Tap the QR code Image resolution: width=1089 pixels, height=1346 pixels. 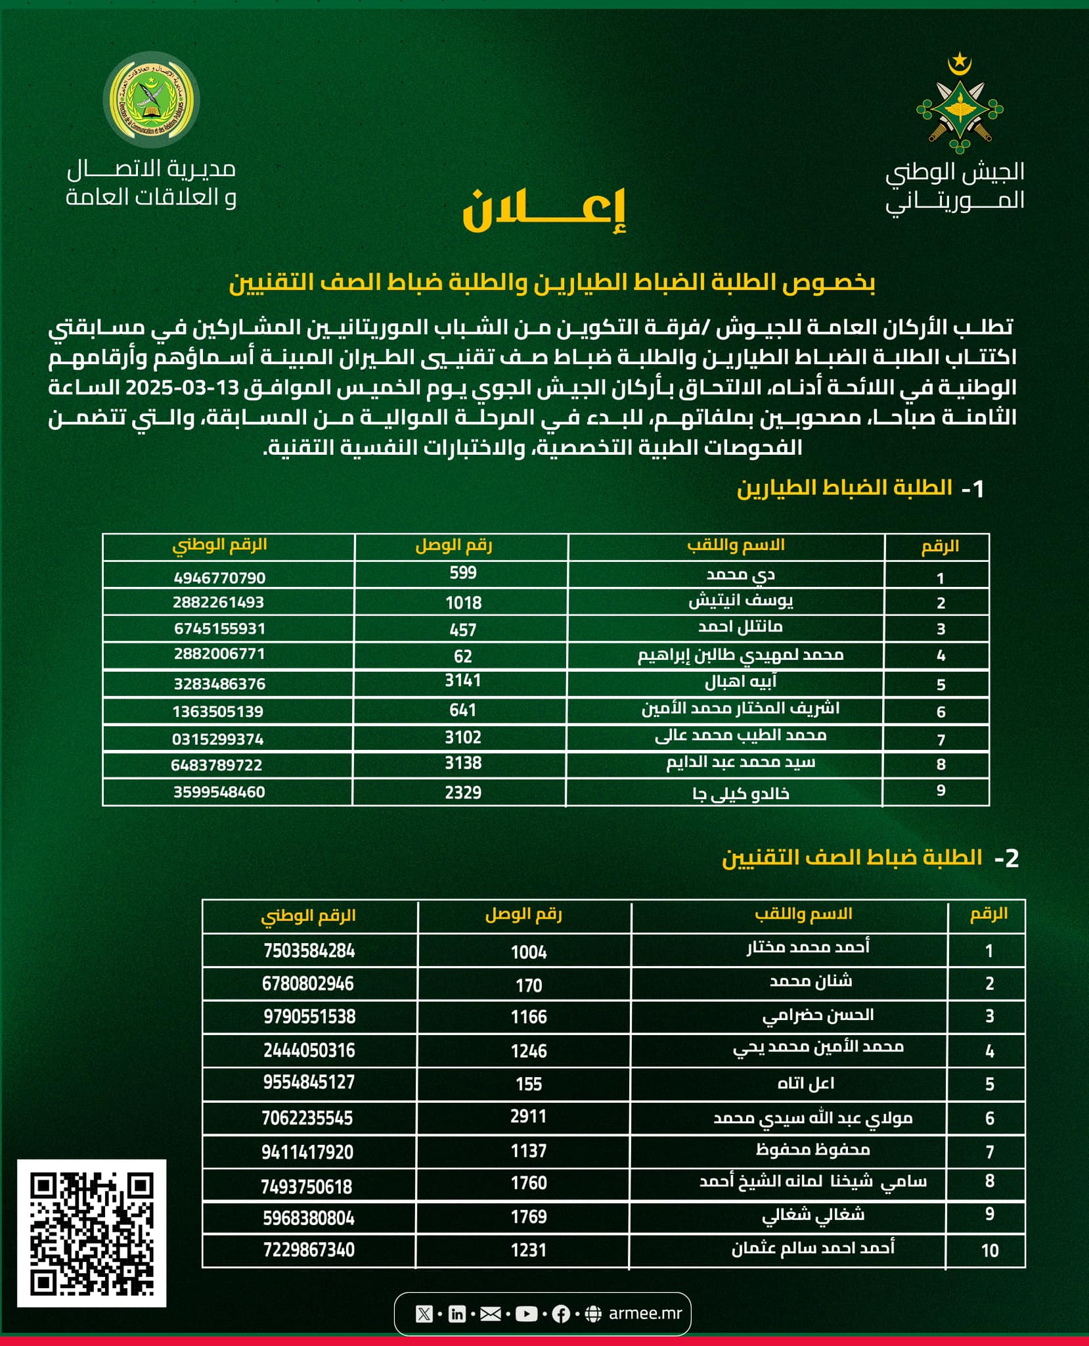tap(91, 1233)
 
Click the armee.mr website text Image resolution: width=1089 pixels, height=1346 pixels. tap(645, 1313)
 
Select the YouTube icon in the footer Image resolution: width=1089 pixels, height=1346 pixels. tap(526, 1314)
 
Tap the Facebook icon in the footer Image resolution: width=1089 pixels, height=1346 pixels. tap(560, 1314)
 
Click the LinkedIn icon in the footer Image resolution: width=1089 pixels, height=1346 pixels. tap(456, 1314)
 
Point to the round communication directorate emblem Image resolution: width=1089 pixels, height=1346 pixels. tap(152, 99)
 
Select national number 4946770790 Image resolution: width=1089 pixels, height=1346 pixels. tap(219, 578)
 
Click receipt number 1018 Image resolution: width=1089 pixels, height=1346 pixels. tap(463, 603)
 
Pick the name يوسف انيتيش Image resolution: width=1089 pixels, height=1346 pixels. tap(740, 601)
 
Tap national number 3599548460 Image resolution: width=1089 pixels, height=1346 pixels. tap(219, 792)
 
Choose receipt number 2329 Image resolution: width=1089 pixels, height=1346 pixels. tap(463, 793)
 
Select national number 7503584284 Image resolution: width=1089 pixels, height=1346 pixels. tap(309, 951)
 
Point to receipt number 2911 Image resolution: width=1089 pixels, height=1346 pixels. tap(529, 1116)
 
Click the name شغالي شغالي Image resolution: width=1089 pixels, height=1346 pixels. tap(813, 1215)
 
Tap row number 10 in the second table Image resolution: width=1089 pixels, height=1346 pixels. tap(989, 1250)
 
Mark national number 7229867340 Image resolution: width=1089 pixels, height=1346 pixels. tap(309, 1249)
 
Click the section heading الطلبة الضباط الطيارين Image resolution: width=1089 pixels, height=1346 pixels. tap(844, 488)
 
